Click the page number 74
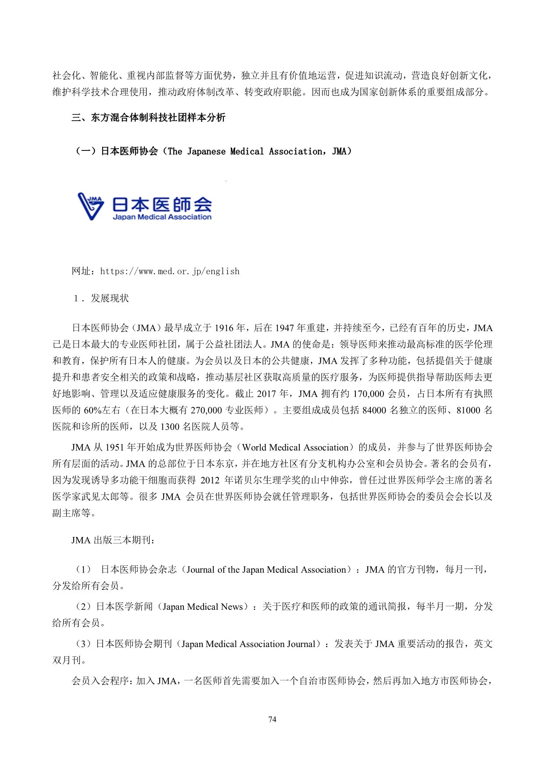tap(272, 719)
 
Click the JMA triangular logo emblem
tap(91, 206)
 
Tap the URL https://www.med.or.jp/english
tap(170, 271)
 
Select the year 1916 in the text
tap(224, 328)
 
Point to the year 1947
tap(284, 328)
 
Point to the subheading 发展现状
tap(110, 298)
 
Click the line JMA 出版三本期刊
tap(113, 540)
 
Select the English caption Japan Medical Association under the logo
tap(162, 217)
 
